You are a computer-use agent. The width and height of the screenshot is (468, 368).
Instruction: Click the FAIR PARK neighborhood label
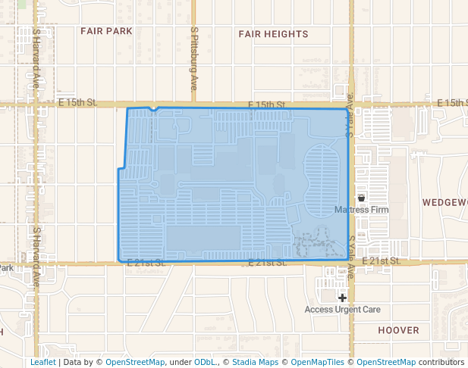(x=106, y=32)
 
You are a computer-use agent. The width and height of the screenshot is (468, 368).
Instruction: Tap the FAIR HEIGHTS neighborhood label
(x=273, y=34)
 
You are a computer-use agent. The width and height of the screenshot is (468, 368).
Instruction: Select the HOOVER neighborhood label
(x=398, y=330)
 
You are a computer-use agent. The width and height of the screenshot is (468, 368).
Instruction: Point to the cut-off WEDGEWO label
(x=444, y=203)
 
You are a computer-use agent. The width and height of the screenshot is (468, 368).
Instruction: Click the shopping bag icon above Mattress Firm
(x=361, y=198)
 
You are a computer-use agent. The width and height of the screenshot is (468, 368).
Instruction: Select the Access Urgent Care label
(x=342, y=310)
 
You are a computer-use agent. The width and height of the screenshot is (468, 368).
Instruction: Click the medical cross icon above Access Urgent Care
(x=342, y=298)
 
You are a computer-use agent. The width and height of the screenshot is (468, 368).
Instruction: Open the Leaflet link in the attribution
(x=42, y=362)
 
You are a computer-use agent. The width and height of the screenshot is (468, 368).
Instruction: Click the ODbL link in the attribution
(x=205, y=362)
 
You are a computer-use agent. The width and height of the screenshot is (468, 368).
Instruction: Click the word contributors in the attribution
(x=441, y=362)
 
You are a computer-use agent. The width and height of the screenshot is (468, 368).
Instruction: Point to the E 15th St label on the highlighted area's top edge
(x=267, y=104)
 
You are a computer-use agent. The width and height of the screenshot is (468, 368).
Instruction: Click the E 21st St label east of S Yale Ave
(x=381, y=260)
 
